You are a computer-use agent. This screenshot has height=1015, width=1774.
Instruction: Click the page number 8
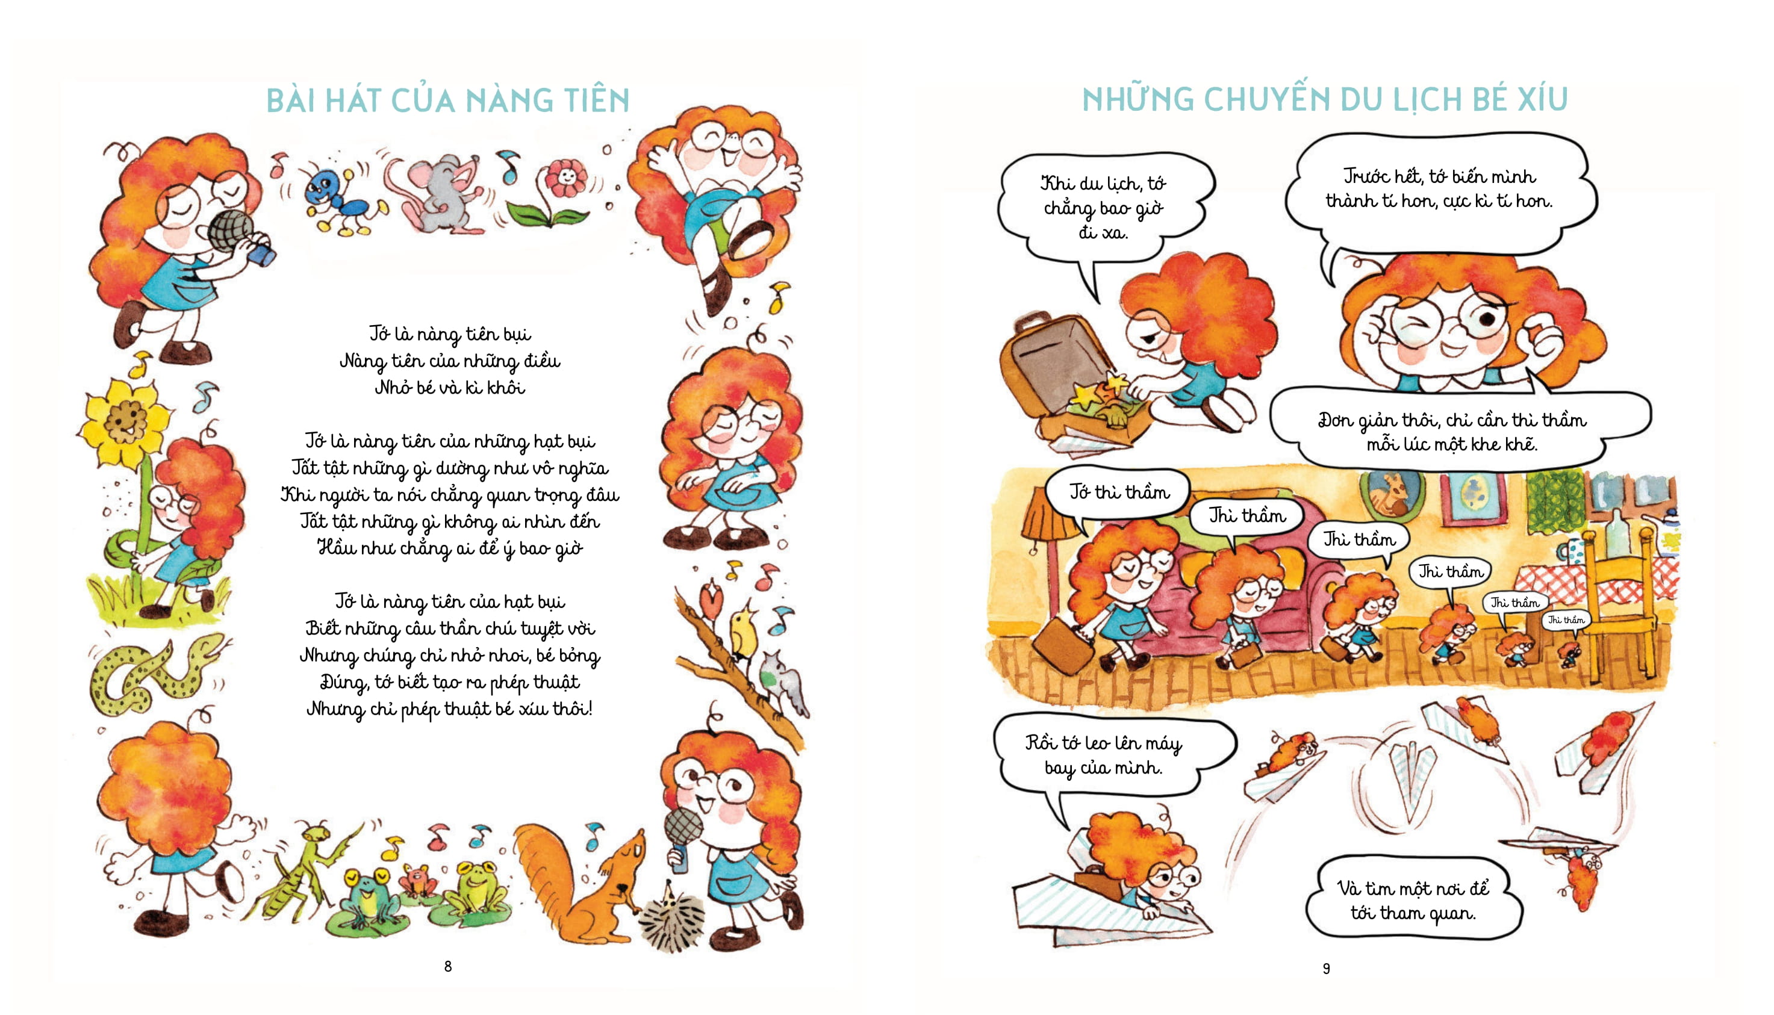447,966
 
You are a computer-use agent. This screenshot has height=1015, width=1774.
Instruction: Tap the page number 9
1327,967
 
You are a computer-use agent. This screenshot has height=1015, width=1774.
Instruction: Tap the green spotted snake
154,672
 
